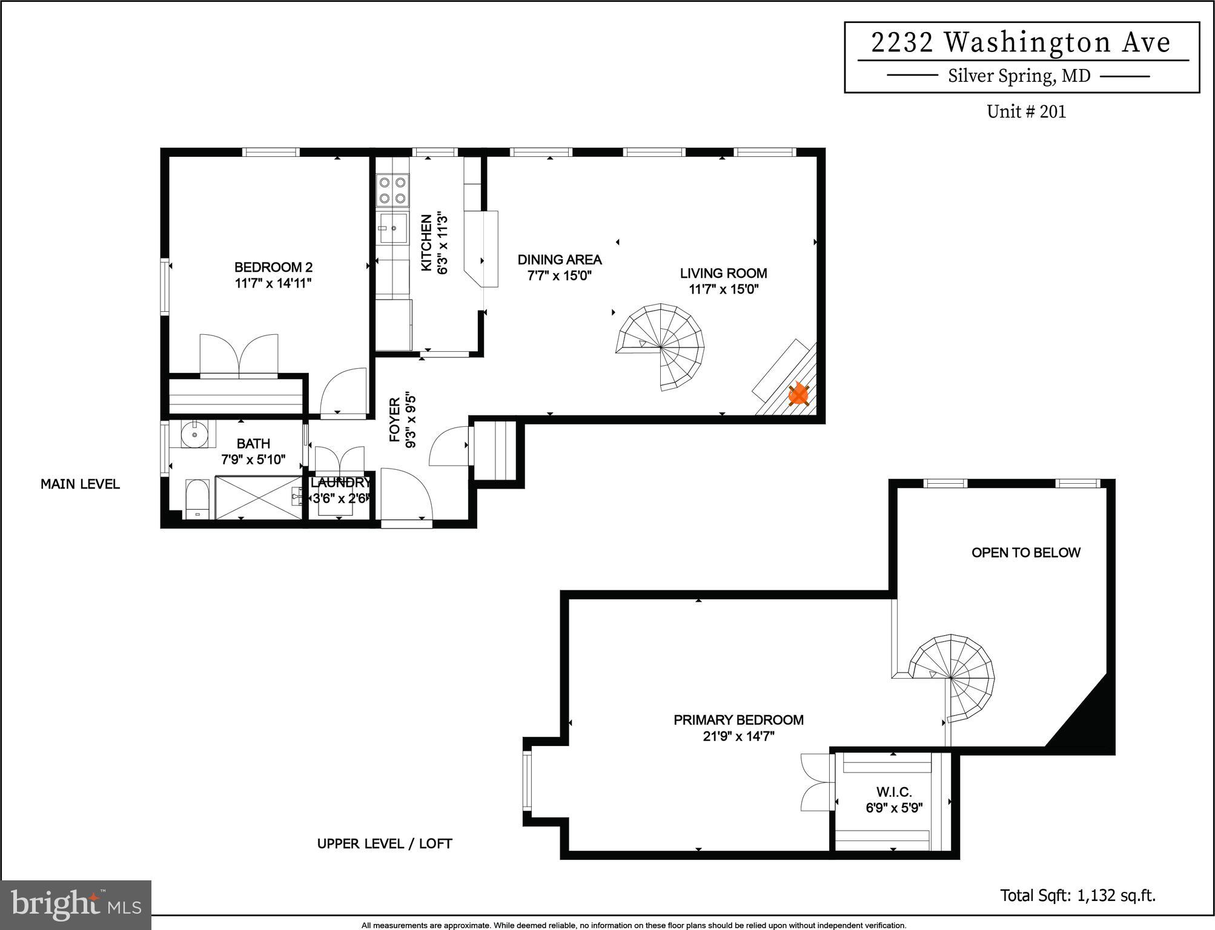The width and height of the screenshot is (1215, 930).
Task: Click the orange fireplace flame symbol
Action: click(798, 395)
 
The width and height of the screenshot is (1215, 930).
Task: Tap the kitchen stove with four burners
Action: click(392, 190)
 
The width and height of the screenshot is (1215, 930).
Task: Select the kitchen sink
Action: click(392, 228)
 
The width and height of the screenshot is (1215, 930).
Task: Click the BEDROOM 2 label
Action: click(273, 267)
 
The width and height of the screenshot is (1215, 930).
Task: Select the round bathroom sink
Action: click(194, 434)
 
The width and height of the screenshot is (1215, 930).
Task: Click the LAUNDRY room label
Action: click(340, 483)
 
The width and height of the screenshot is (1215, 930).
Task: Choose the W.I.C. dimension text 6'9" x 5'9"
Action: click(893, 808)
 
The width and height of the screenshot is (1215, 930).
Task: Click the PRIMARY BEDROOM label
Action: click(738, 720)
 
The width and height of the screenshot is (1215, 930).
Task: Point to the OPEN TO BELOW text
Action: click(1025, 552)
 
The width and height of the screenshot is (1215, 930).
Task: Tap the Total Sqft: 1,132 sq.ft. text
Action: click(1078, 895)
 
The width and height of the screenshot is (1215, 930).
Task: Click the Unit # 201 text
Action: click(1026, 112)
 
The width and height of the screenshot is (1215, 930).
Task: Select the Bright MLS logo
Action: click(76, 905)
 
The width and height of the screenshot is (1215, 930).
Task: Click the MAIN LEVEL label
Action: click(80, 484)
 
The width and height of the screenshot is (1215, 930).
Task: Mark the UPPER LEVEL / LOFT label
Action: click(385, 843)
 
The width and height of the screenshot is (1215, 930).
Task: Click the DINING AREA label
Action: click(559, 260)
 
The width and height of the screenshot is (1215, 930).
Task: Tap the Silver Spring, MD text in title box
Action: click(1019, 76)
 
